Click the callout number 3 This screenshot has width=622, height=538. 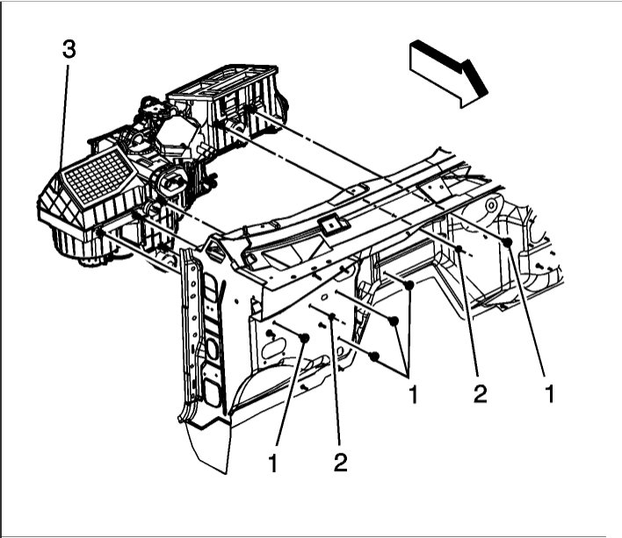coord(69,50)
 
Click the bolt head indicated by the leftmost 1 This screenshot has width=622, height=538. coord(304,338)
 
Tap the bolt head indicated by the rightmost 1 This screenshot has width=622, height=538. coord(508,242)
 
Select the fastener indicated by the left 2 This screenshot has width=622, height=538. coord(333,317)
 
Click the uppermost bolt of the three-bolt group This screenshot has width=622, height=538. coord(410,284)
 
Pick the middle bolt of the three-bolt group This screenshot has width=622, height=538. coord(396,319)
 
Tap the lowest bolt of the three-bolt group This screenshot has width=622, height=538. coord(375,356)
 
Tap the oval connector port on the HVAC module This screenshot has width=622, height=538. coord(170,184)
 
